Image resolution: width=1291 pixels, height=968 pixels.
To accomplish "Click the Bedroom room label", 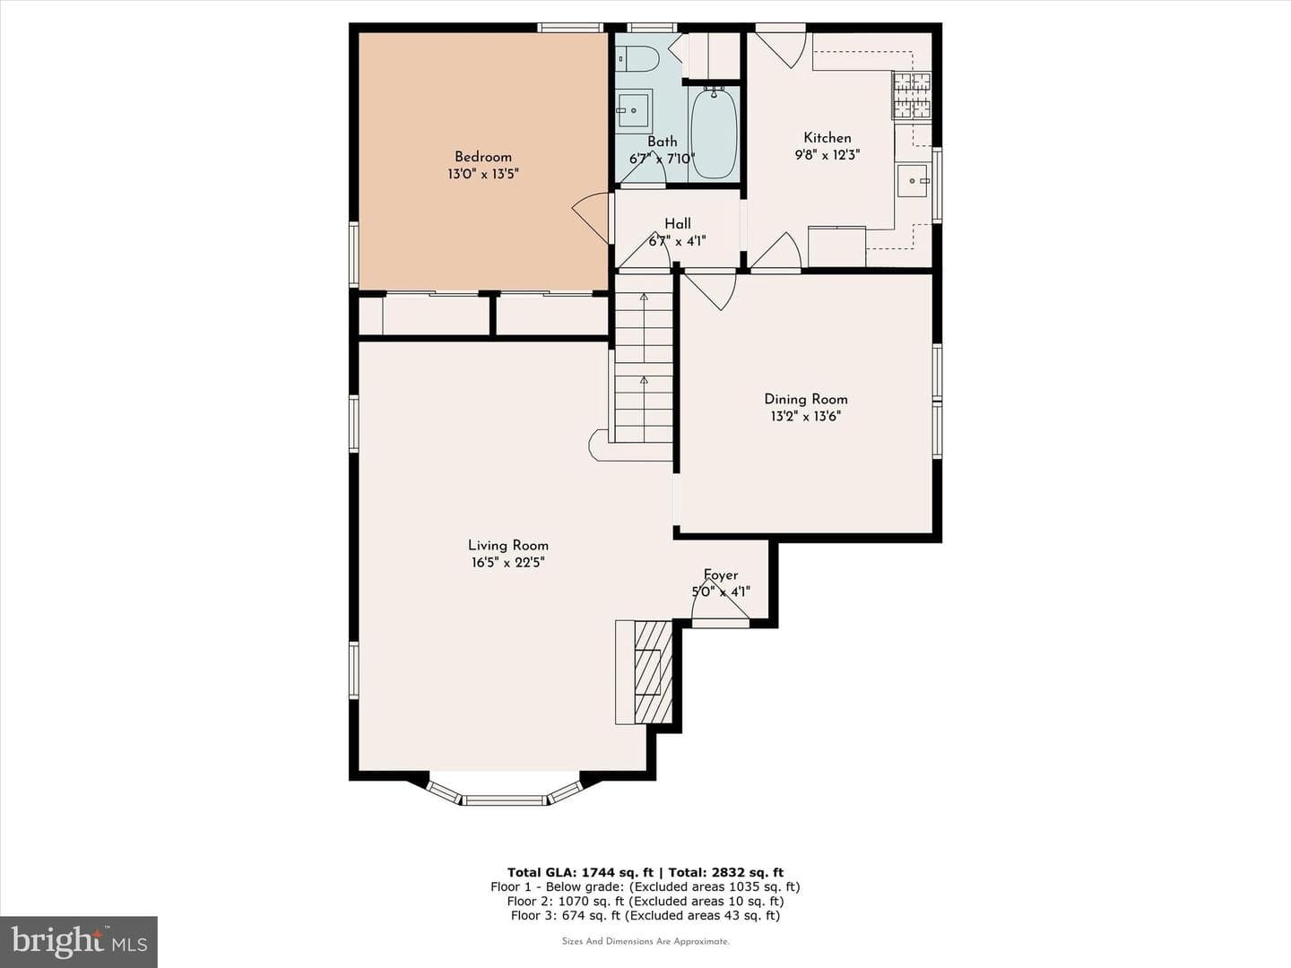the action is [x=483, y=157].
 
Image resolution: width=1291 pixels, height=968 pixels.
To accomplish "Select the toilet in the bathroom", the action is [x=636, y=59].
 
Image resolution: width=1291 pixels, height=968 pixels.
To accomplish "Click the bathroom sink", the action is [x=634, y=111].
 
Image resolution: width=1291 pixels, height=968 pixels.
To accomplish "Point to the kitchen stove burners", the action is [x=913, y=95].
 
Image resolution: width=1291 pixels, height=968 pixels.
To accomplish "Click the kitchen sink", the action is [x=913, y=181].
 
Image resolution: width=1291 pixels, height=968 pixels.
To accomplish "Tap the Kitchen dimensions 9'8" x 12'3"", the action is [x=827, y=155].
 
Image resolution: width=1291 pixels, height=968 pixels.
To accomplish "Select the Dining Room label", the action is [x=806, y=399].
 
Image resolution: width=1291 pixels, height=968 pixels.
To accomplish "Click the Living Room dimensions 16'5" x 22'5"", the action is [x=507, y=563].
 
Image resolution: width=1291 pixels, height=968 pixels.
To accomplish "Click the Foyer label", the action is [x=721, y=575].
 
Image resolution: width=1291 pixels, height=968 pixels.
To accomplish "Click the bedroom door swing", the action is [x=590, y=218].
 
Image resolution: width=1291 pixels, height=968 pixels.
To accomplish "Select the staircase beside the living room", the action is [x=644, y=359].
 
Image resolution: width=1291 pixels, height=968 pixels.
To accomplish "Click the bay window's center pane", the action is [x=504, y=799].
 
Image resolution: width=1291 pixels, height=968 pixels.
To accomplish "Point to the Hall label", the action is [x=678, y=224].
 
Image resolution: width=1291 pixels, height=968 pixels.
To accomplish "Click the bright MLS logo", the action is [x=78, y=941].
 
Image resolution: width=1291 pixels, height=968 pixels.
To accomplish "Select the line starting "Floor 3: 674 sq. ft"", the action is [x=645, y=915].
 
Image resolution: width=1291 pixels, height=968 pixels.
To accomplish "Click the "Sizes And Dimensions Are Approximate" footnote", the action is [x=645, y=941].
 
